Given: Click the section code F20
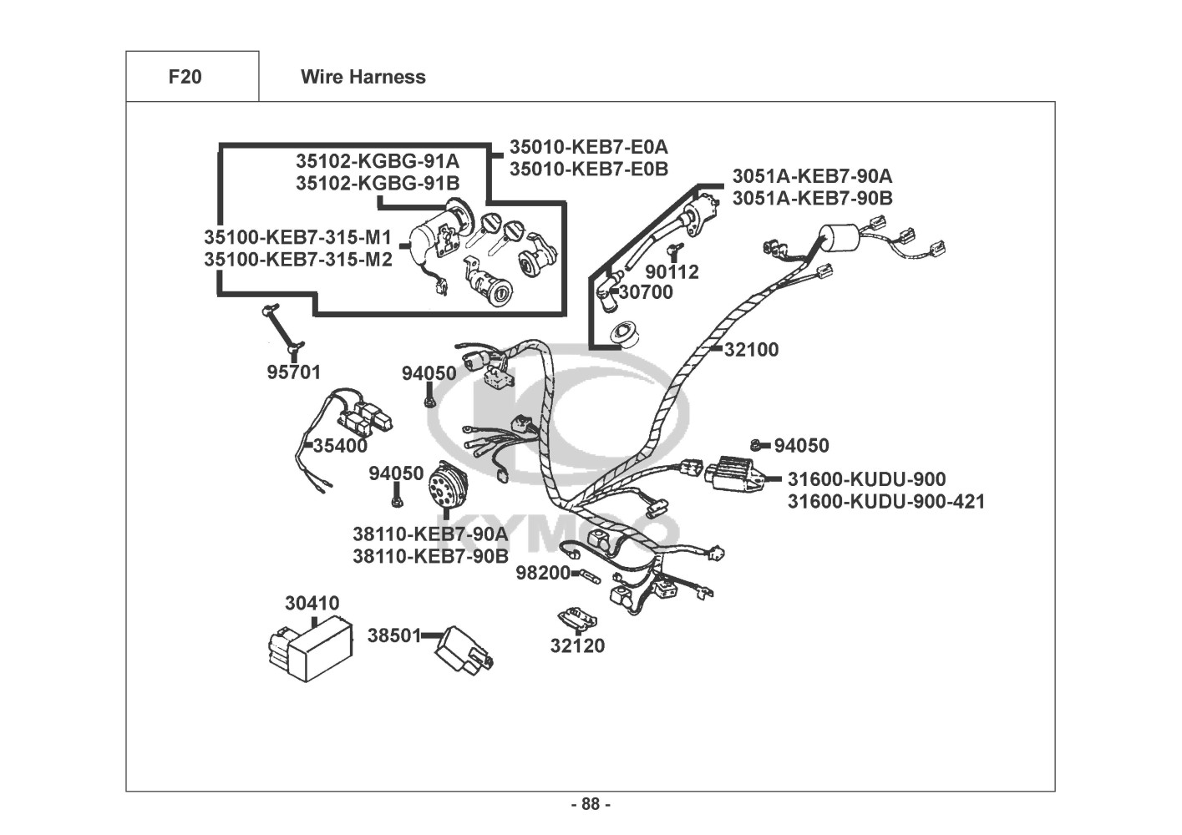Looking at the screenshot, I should click(185, 77).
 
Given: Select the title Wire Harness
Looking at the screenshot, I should click(363, 77).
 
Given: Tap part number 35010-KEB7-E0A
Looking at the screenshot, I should click(588, 147).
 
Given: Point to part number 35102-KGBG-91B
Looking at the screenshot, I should click(378, 183).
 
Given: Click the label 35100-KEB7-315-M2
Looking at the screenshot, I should click(297, 259).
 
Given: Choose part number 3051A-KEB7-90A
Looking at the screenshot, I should click(812, 176).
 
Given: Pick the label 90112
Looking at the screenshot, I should click(672, 271).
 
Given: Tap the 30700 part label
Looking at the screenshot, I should click(646, 292).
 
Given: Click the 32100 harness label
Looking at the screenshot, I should click(751, 350).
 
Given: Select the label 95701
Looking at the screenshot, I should click(293, 372).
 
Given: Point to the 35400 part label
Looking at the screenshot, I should click(340, 446).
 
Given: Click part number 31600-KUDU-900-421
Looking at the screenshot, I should click(885, 502).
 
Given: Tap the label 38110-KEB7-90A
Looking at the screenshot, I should click(429, 534).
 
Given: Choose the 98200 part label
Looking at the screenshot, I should click(542, 573).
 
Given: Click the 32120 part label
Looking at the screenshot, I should click(577, 645).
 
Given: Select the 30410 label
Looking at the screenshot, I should click(312, 603).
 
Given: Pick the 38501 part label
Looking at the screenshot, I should click(394, 635).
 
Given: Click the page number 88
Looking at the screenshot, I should click(591, 804).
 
